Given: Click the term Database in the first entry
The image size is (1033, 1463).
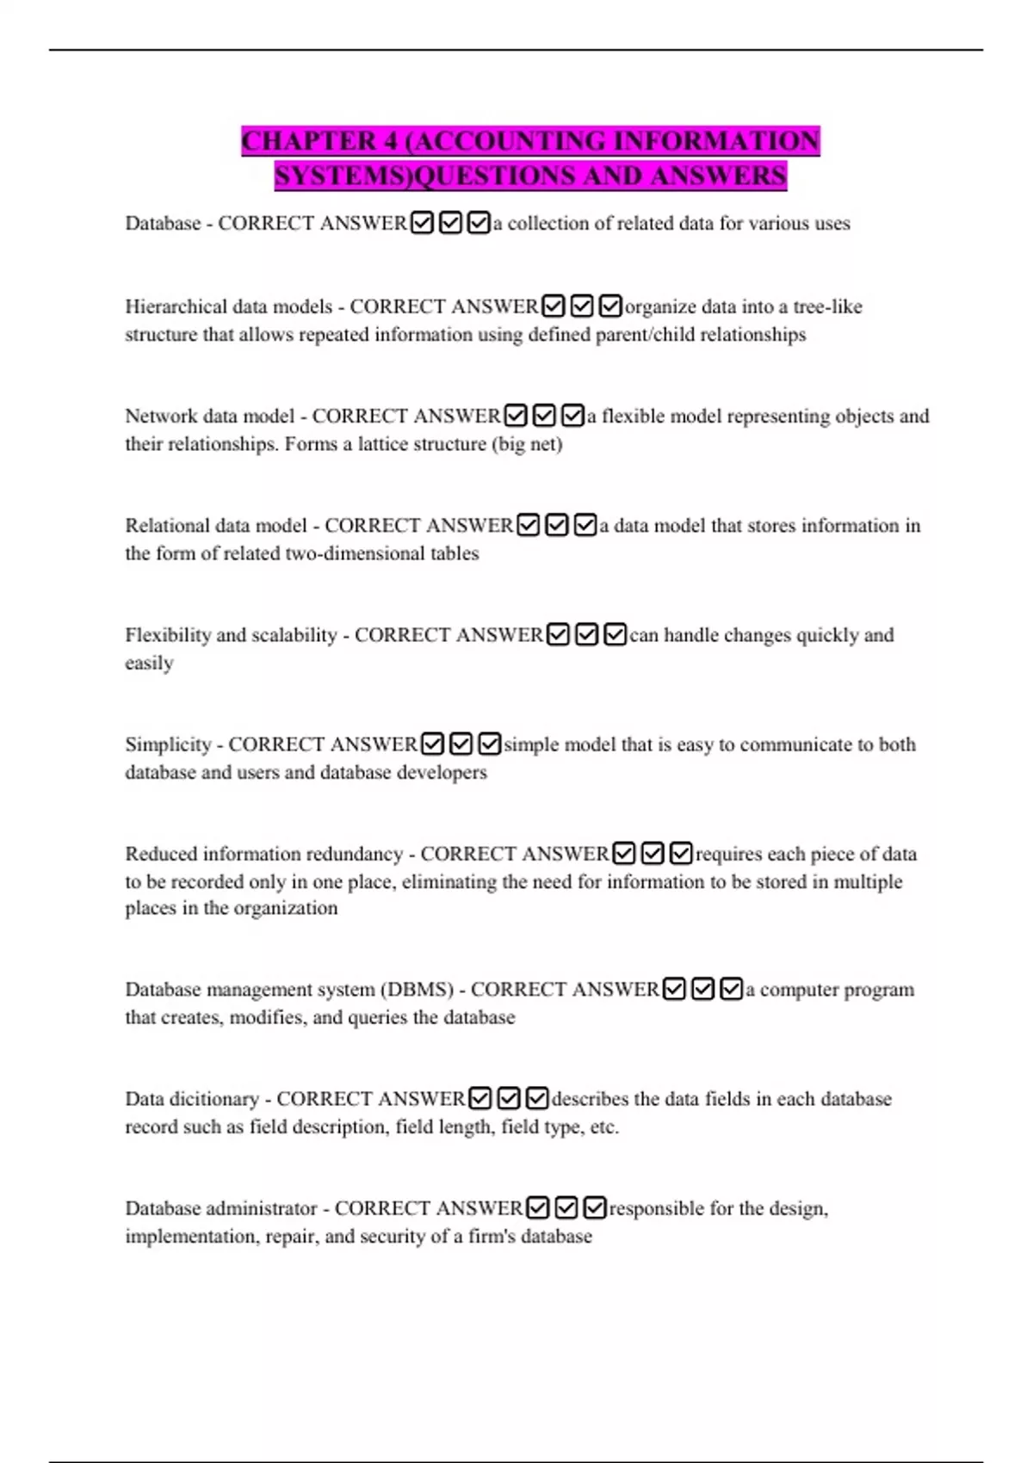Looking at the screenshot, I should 163,224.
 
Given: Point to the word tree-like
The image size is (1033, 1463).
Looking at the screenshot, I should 827,307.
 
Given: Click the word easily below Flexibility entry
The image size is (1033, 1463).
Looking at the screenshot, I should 149,664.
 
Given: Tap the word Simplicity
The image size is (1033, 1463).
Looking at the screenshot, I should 168,744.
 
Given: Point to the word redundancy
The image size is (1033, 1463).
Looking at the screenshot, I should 355,854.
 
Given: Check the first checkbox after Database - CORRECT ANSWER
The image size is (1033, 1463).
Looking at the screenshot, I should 422,224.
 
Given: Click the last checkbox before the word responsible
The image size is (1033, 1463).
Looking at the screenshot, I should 595,1208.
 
